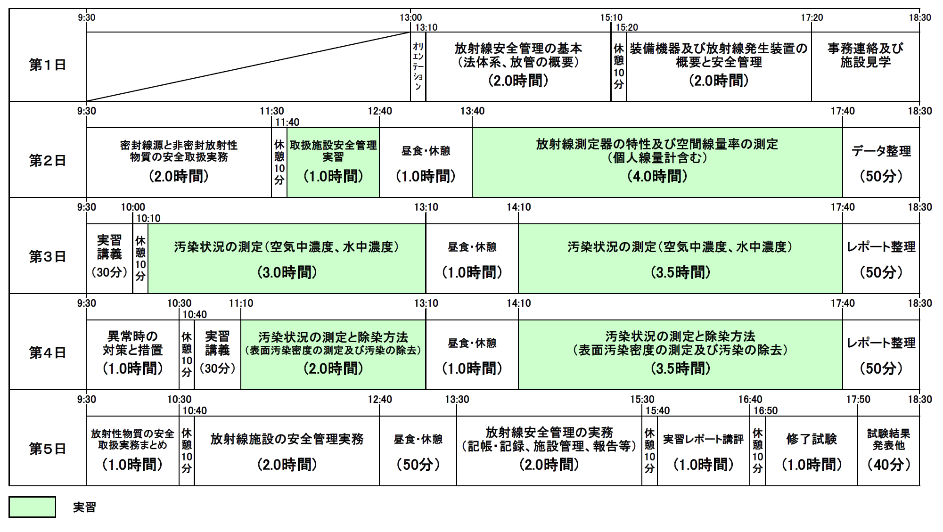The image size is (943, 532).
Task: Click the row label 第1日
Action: pyautogui.click(x=47, y=65)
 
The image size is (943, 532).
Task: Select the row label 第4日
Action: pyautogui.click(x=47, y=352)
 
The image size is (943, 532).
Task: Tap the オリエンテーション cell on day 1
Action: pyautogui.click(x=418, y=66)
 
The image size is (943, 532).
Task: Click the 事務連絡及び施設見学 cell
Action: pyautogui.click(x=865, y=66)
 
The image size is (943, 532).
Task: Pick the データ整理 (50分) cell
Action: pyautogui.click(x=881, y=163)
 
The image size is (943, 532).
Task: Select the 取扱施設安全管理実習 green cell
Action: pyautogui.click(x=333, y=163)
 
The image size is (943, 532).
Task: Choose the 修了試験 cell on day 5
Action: pyautogui.click(x=811, y=450)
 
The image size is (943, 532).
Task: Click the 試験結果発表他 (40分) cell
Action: pyautogui.click(x=888, y=450)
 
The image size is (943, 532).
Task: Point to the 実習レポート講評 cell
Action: pyautogui.click(x=703, y=450)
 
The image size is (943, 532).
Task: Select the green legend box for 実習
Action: pyautogui.click(x=32, y=507)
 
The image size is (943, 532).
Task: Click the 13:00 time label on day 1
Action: pyautogui.click(x=410, y=18)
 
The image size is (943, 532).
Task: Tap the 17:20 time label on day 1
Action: pyautogui.click(x=812, y=18)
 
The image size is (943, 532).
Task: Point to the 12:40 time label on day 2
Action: pyautogui.click(x=379, y=111)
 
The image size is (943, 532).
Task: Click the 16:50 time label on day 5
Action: pyautogui.click(x=765, y=411)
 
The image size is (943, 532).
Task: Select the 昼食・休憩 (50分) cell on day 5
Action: pyautogui.click(x=418, y=450)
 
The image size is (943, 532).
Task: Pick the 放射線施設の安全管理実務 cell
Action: pyautogui.click(x=287, y=450)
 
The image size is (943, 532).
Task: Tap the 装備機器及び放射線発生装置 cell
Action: pyautogui.click(x=719, y=66)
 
